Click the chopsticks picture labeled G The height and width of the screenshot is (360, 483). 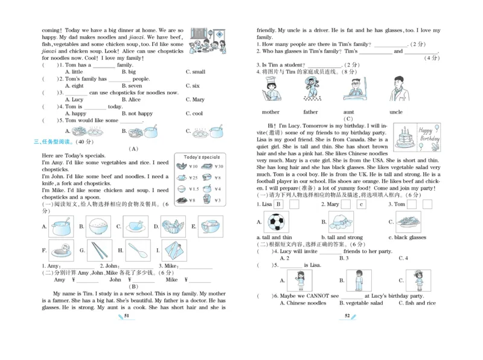click(x=98, y=249)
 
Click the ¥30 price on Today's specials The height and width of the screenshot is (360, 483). click(x=218, y=166)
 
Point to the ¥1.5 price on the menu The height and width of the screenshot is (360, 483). click(x=193, y=189)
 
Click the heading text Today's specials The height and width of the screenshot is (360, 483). click(x=202, y=157)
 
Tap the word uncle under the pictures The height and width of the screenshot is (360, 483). click(x=396, y=112)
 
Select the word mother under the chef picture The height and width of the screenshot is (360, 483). click(x=270, y=112)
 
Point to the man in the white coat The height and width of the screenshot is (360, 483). click(x=396, y=89)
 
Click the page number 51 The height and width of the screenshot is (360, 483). click(x=127, y=315)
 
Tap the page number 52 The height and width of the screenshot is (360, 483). click(x=347, y=315)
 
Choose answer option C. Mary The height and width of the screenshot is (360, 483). click(x=195, y=100)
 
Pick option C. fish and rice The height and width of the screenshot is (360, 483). click(x=417, y=303)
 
